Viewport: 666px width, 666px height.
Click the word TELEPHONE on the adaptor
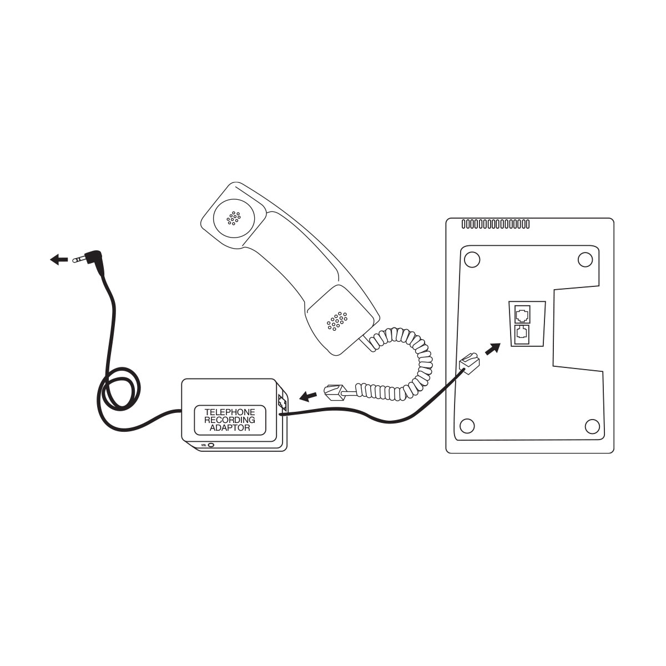pos(230,412)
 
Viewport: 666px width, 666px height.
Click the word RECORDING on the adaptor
pos(230,420)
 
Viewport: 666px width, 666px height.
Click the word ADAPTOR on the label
pos(230,428)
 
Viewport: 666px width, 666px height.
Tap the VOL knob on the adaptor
pos(211,445)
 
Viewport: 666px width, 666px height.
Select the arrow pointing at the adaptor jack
pos(308,396)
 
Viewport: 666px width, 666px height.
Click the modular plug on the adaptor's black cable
pos(470,363)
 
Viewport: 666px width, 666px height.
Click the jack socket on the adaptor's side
pos(282,402)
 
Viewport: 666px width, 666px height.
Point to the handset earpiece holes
pos(234,218)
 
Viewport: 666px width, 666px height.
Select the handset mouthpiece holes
pos(337,321)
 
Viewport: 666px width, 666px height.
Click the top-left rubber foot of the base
pos(472,260)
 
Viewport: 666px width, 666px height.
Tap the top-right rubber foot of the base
pos(585,260)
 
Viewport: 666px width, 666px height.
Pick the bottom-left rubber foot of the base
pos(467,426)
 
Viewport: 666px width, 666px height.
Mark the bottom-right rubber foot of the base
pos(592,426)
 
